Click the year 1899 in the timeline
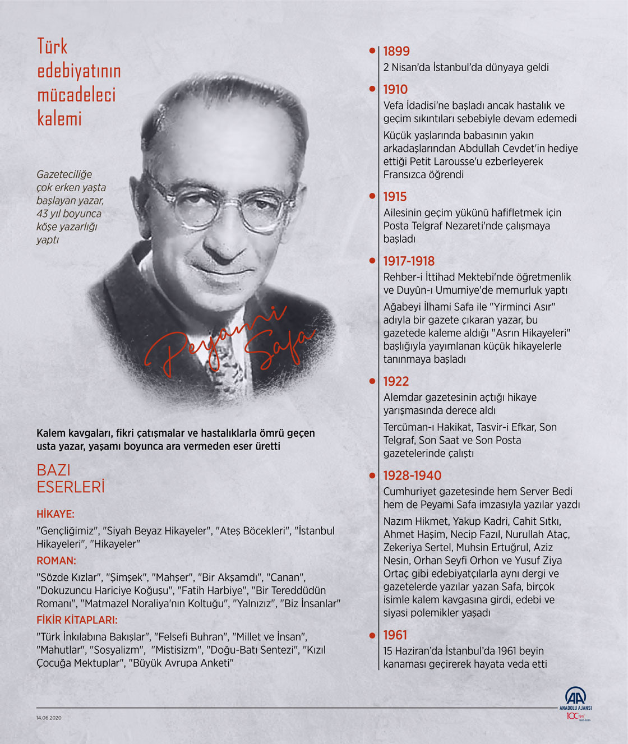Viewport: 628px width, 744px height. (396, 51)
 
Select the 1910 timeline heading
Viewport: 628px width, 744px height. (395, 89)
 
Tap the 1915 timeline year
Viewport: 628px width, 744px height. (395, 197)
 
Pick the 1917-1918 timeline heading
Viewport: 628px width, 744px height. (409, 261)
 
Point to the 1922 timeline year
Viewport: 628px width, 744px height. (396, 381)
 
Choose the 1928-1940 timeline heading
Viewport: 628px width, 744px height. (412, 475)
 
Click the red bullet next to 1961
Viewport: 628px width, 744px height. (372, 635)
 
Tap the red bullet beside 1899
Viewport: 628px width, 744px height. (372, 50)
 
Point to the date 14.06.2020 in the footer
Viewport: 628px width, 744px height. (49, 718)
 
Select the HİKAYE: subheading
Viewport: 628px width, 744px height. (56, 514)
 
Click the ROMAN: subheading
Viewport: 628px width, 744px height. (56, 561)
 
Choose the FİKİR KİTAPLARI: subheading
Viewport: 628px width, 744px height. (77, 620)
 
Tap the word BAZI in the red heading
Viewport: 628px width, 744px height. (54, 470)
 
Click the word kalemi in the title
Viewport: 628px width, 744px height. (59, 118)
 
